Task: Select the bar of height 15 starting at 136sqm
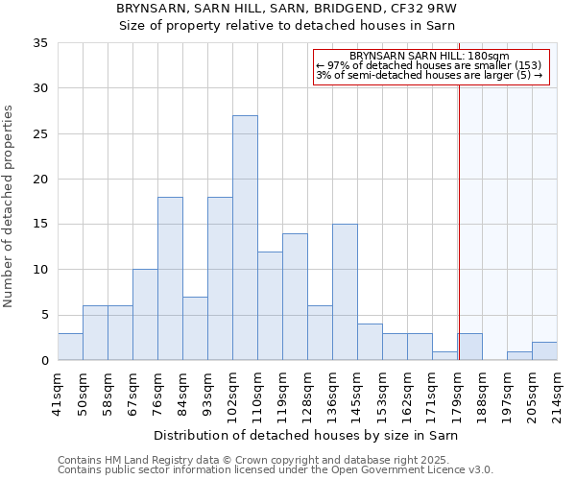(x=345, y=292)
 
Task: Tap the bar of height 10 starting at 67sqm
(x=145, y=315)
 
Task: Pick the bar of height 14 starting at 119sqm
(x=295, y=297)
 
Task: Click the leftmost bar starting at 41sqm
(x=70, y=347)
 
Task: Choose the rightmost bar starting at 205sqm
(x=544, y=350)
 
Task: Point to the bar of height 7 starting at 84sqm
(x=195, y=328)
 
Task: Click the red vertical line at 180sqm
(x=459, y=221)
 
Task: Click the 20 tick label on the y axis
(x=42, y=180)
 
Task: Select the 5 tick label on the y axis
(x=45, y=315)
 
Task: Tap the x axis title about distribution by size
(x=306, y=436)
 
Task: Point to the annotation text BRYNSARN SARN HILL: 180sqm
(x=429, y=57)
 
